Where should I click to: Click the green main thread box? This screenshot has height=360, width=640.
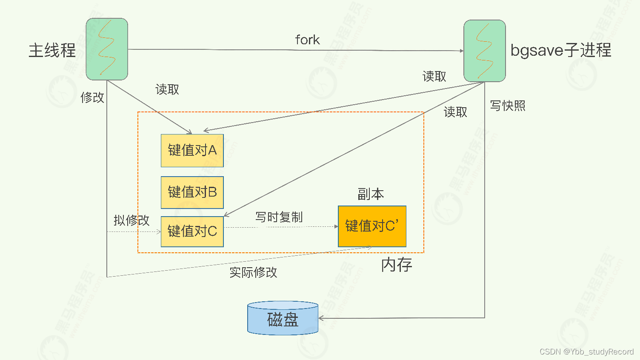[x=107, y=49]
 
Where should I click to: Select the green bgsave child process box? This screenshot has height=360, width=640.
[x=484, y=51]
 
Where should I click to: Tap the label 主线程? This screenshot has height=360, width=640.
[x=52, y=50]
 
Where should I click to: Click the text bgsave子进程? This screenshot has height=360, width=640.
[x=560, y=50]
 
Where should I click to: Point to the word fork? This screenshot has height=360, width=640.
[x=307, y=40]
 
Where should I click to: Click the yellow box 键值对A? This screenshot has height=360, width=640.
[x=192, y=151]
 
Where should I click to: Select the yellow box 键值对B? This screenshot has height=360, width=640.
[x=192, y=192]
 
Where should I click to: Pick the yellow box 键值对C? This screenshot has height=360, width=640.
[x=192, y=231]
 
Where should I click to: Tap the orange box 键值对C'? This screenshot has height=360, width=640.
[x=372, y=226]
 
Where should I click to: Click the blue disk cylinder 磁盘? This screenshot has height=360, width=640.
[x=283, y=319]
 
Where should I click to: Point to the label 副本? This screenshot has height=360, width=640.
[x=371, y=194]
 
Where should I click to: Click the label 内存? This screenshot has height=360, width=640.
[x=397, y=265]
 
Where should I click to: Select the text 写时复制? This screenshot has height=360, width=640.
[x=279, y=217]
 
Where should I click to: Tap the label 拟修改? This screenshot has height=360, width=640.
[x=131, y=220]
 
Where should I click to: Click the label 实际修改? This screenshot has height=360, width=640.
[x=253, y=272]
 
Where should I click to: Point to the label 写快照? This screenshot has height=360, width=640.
[x=508, y=106]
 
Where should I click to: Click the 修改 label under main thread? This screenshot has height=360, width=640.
[x=92, y=97]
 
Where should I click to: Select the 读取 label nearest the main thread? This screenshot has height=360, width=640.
[x=167, y=89]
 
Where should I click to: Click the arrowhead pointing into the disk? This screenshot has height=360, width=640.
[x=321, y=318]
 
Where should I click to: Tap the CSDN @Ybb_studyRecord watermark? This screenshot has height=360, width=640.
[x=586, y=351]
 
